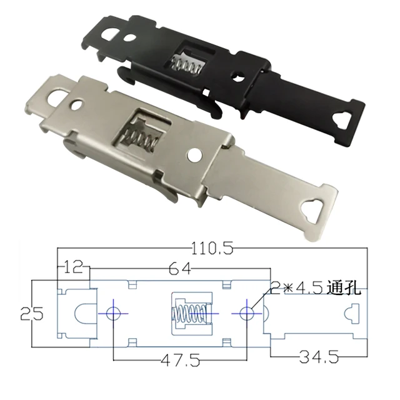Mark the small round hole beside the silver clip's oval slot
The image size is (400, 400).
coord(77,102)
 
